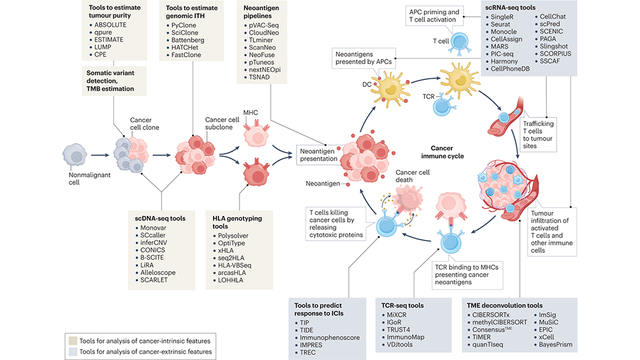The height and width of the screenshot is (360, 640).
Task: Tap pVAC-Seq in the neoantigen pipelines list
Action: pos(263,25)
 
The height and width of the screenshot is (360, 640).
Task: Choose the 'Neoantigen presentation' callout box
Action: pos(317,156)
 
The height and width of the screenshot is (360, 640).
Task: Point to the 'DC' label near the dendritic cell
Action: pos(366,85)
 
